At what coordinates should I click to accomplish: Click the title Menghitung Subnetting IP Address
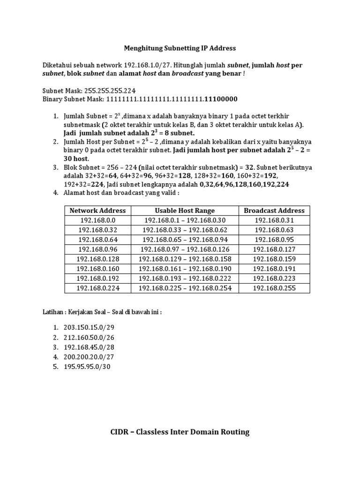(180, 48)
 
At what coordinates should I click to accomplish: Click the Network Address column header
(97, 210)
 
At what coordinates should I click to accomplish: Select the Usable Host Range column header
(185, 210)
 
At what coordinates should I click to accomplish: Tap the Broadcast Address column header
(274, 210)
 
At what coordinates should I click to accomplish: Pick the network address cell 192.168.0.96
(97, 249)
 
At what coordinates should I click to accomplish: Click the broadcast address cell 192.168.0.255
(274, 288)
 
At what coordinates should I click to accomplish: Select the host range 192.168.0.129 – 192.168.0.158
(185, 259)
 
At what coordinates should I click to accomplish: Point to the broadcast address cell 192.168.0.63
(274, 230)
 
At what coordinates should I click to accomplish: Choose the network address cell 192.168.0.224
(97, 288)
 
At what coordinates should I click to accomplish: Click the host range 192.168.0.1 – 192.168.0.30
(185, 220)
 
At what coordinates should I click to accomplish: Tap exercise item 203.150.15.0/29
(89, 327)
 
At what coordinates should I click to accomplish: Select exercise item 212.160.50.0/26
(89, 337)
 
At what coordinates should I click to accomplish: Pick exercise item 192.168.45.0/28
(89, 347)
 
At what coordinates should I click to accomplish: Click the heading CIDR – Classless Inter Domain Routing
(180, 432)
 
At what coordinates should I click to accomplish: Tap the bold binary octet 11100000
(221, 99)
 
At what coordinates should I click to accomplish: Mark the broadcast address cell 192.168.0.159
(274, 259)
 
